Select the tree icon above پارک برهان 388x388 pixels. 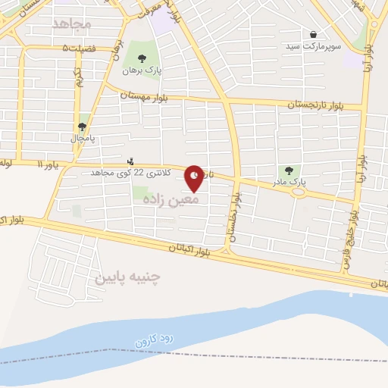pos(142,58)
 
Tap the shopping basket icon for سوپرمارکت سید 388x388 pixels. pos(314,34)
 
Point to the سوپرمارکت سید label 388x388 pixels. pos(314,47)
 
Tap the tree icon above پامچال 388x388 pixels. pos(83,127)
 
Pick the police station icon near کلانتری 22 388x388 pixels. pos(131,161)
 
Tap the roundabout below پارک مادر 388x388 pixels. pos(299,192)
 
